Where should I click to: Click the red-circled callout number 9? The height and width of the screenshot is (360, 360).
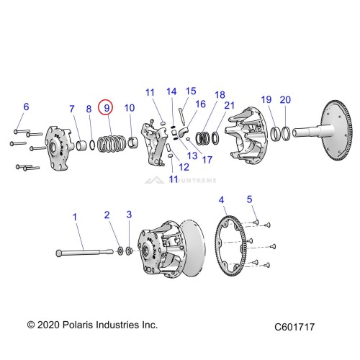(x=106, y=108)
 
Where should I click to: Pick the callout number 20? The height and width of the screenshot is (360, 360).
(x=285, y=99)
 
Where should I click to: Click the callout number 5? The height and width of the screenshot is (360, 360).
(x=250, y=199)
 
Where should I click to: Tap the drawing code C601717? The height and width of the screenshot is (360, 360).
(x=294, y=326)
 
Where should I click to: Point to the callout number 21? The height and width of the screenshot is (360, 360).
(x=230, y=106)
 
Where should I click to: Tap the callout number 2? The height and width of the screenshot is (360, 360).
(x=107, y=215)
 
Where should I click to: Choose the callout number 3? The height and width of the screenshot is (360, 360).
(x=129, y=215)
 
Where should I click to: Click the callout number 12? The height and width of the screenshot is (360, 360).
(x=184, y=167)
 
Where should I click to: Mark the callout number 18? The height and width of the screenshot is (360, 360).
(x=219, y=94)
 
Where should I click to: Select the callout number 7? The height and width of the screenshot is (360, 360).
(x=71, y=109)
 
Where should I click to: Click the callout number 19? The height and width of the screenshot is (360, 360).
(x=266, y=99)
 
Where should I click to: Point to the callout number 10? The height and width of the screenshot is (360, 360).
(x=130, y=108)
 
